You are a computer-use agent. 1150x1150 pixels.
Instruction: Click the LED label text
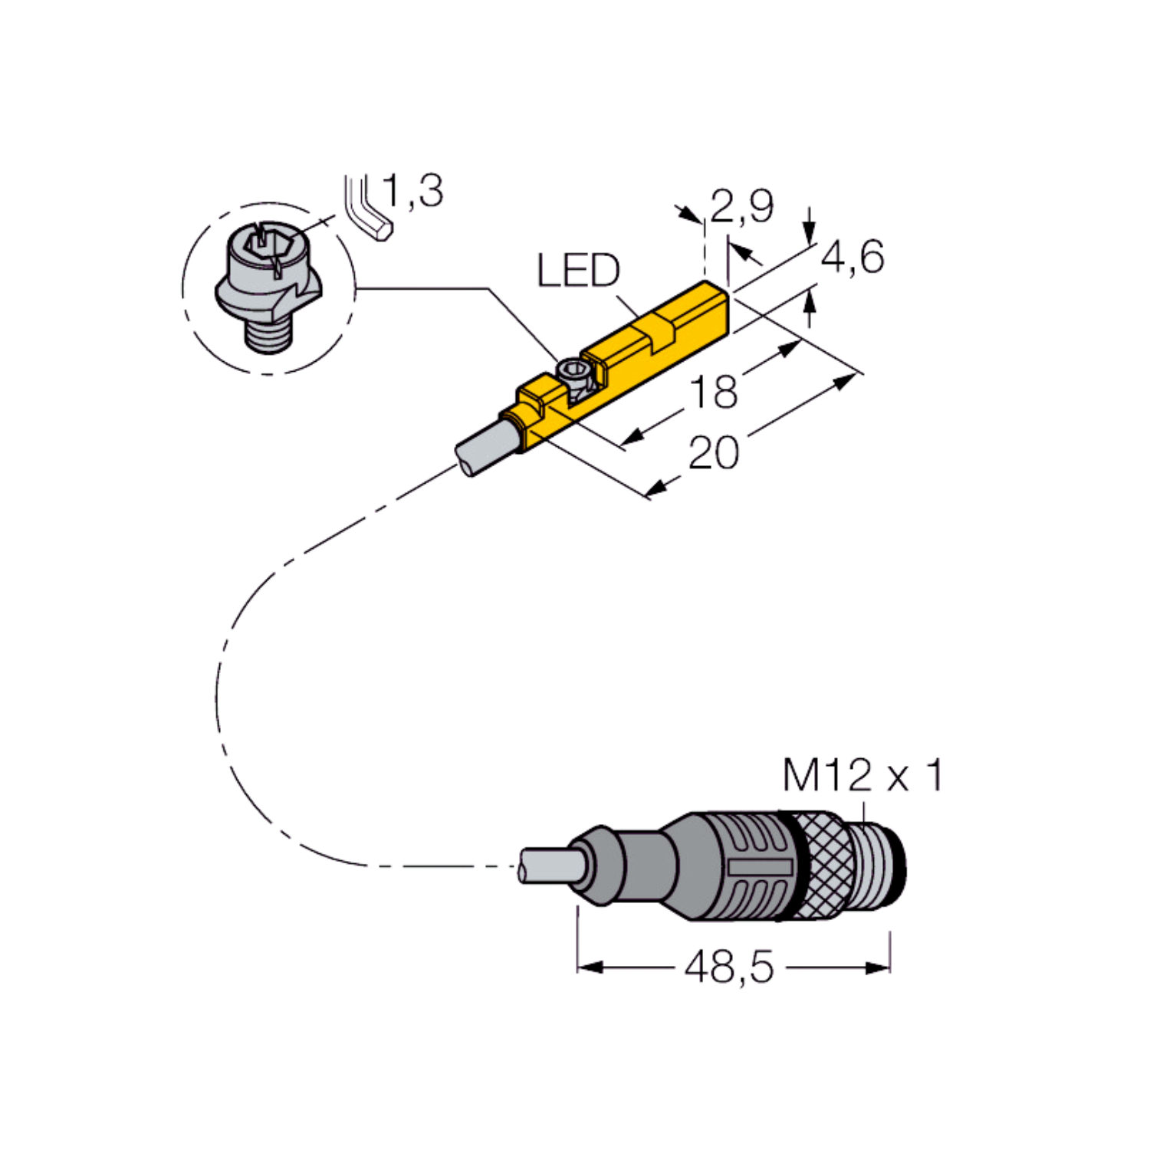click(579, 271)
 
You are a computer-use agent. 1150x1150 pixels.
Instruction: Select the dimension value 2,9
click(742, 205)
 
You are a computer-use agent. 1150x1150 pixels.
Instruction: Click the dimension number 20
click(714, 452)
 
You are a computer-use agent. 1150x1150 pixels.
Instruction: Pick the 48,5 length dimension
click(728, 967)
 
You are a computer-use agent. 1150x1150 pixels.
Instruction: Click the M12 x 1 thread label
click(863, 776)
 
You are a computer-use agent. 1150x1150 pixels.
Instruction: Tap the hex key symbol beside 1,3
click(370, 209)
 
